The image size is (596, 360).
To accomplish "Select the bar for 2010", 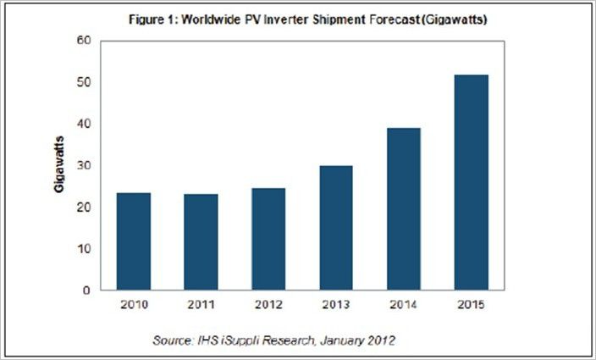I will coord(133,241).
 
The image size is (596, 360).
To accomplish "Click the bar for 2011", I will coord(200,242).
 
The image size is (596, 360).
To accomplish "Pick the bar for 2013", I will coord(335,228).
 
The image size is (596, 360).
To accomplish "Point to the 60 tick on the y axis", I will coord(86,41).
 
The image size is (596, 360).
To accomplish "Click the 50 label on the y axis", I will coord(86,82).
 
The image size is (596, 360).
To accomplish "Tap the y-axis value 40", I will coord(86,124).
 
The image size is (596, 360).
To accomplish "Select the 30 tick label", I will coord(86,165).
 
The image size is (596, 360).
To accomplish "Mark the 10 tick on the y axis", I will coord(86,249).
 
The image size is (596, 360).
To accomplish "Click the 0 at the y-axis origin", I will coord(88,291).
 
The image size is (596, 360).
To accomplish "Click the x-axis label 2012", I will coord(268,304).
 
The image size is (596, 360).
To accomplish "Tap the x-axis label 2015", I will coord(471,304).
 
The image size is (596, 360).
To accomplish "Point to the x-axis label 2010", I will coord(133,304).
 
